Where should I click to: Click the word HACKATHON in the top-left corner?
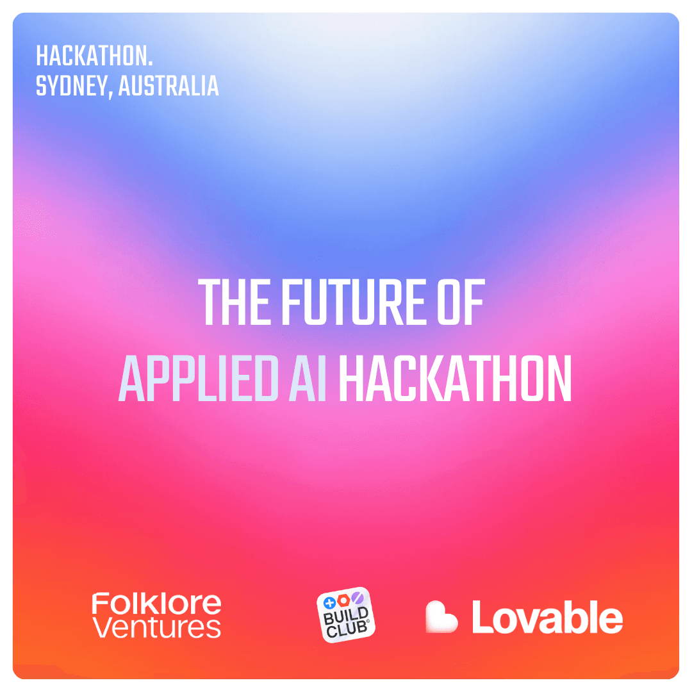[x=92, y=56]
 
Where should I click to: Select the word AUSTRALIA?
[x=169, y=86]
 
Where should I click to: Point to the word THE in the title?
[x=234, y=302]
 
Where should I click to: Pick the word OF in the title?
[x=461, y=302]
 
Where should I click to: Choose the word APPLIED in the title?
[x=199, y=378]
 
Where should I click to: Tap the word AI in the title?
[x=308, y=378]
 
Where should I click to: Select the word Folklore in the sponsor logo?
[x=156, y=604]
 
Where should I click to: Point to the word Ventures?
[x=156, y=627]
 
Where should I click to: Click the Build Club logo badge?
[x=346, y=614]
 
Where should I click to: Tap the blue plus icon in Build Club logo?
[x=329, y=603]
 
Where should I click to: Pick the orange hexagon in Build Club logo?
[x=343, y=600]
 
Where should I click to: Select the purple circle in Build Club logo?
[x=357, y=598]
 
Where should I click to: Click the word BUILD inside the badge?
[x=346, y=616]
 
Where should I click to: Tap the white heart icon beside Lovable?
[x=441, y=617]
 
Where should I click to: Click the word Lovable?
[x=547, y=617]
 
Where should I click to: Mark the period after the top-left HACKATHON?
[x=150, y=65]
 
